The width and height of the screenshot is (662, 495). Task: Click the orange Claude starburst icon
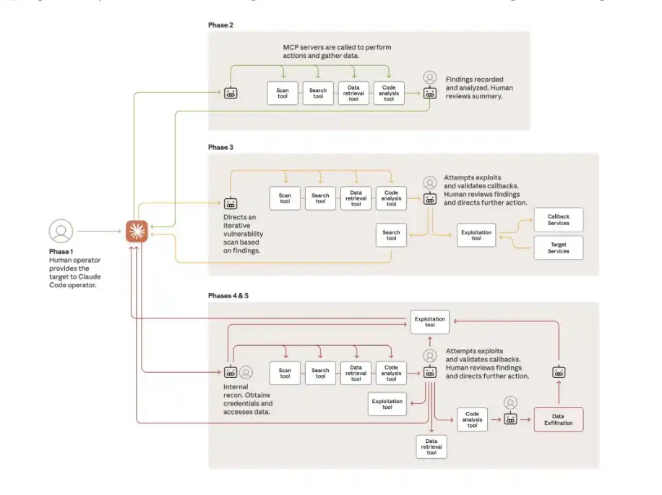(x=135, y=231)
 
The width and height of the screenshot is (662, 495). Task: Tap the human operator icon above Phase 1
(x=61, y=231)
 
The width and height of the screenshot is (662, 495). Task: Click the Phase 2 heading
(x=220, y=25)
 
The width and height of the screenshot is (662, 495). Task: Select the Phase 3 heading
(x=220, y=147)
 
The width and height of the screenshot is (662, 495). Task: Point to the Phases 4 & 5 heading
(x=229, y=296)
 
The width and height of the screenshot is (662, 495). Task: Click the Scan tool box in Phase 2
(x=283, y=93)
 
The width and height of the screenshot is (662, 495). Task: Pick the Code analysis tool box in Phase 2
(x=389, y=93)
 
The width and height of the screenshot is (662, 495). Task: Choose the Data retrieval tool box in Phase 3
(x=356, y=198)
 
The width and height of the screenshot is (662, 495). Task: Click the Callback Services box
(x=558, y=220)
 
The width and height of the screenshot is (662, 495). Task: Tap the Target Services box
(x=558, y=247)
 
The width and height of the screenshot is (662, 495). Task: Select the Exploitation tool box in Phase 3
(x=476, y=234)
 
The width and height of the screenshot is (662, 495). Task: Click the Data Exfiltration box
(x=558, y=420)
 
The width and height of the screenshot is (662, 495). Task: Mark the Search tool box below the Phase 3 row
(x=391, y=234)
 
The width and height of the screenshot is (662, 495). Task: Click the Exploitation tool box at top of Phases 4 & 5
(x=430, y=321)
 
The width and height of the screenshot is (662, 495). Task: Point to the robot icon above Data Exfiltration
(x=558, y=372)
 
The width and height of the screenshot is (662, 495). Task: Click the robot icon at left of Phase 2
(x=231, y=93)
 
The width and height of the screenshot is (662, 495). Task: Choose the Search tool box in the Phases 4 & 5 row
(x=320, y=373)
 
